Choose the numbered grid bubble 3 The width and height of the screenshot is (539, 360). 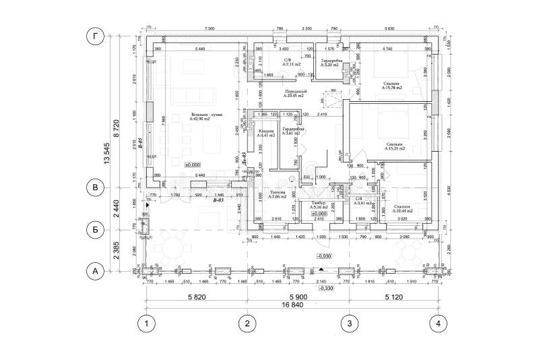tap(348, 324)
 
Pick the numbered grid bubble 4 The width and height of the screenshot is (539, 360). tap(439, 324)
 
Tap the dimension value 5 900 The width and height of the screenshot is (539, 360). tap(296, 296)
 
